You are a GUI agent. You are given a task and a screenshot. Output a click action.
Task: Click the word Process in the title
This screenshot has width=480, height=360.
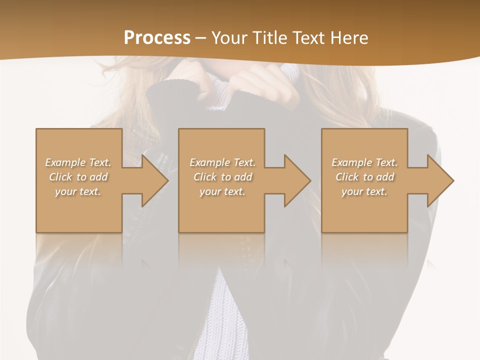point(157,38)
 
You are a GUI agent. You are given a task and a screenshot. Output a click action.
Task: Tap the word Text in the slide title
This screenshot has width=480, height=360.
point(309,38)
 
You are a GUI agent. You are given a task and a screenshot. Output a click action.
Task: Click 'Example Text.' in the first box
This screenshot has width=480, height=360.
point(78,162)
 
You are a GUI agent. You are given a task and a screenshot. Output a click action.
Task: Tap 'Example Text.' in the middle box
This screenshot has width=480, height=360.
point(222,162)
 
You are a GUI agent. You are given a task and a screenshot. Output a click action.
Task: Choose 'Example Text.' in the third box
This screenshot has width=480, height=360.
point(364,162)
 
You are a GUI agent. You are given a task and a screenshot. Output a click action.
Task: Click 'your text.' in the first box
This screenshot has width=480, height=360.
point(78,191)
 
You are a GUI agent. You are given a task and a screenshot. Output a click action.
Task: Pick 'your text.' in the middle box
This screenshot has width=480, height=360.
point(222,191)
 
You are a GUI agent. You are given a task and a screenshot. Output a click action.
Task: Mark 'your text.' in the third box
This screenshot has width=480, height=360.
point(364,191)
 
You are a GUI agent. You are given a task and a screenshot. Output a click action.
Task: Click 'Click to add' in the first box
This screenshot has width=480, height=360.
point(78,177)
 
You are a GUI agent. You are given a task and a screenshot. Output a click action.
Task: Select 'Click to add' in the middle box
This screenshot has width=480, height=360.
point(222,177)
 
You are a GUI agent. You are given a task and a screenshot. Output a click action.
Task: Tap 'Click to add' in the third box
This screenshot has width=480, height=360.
point(364,177)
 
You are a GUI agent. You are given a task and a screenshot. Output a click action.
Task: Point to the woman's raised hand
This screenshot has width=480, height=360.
point(265,80)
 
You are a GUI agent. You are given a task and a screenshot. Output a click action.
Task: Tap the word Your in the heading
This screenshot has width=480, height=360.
point(229,38)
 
